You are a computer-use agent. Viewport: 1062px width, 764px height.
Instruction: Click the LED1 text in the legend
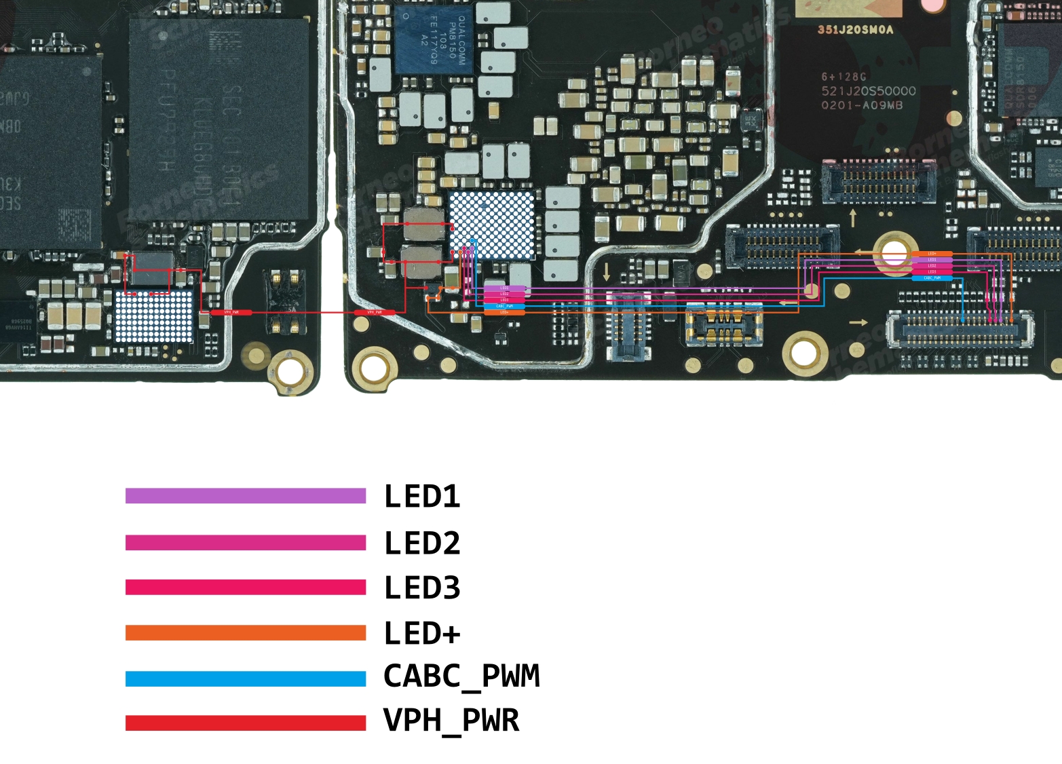[x=422, y=496]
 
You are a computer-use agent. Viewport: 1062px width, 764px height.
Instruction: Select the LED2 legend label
[x=422, y=543]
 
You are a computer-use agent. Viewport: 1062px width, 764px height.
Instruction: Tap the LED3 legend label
[x=422, y=588]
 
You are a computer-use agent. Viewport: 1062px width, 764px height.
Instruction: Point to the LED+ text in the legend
[x=422, y=633]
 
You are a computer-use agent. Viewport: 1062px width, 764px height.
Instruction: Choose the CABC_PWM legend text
[x=461, y=676]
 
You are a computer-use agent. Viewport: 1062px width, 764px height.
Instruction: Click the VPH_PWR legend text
[x=451, y=721]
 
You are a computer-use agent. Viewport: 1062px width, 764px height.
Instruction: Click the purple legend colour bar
[x=246, y=496]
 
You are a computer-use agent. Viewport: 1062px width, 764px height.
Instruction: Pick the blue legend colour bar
[x=246, y=679]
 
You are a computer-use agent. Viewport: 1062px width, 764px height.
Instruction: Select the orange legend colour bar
[x=246, y=633]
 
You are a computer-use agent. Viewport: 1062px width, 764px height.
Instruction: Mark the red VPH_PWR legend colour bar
[x=246, y=723]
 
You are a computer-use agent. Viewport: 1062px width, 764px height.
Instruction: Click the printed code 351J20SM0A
[x=855, y=30]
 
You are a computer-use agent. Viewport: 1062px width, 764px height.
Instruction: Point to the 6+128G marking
[x=843, y=77]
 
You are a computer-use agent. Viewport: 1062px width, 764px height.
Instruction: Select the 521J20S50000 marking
[x=869, y=91]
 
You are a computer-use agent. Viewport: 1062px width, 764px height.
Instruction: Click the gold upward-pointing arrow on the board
[x=853, y=218]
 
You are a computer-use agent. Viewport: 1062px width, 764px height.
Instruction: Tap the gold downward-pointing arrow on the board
[x=607, y=272]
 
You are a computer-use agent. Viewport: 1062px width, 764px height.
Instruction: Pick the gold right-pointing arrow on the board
[x=858, y=322]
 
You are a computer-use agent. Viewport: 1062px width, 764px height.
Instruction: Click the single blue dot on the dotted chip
[x=473, y=240]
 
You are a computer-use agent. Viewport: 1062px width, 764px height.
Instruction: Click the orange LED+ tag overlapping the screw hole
[x=932, y=254]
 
